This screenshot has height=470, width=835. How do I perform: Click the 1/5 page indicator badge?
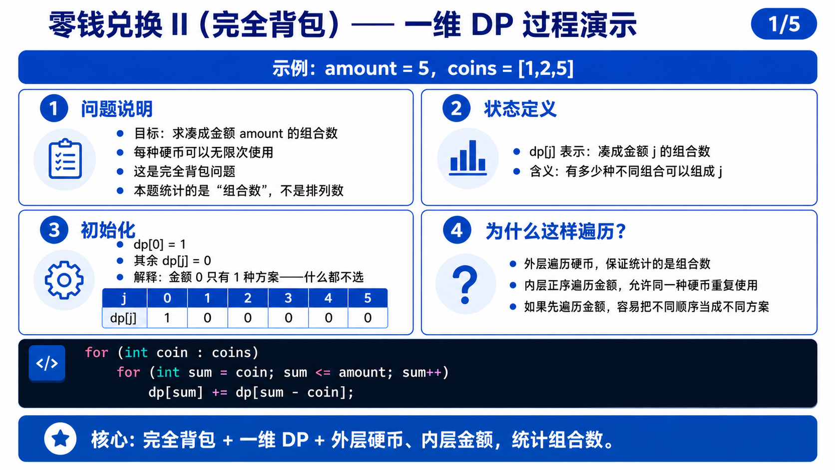click(784, 24)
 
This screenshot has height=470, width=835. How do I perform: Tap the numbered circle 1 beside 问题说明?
click(54, 108)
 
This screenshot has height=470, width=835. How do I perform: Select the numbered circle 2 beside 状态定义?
click(456, 108)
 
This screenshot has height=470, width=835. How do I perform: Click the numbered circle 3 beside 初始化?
click(54, 230)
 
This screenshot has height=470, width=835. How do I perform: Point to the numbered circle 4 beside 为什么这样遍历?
click(457, 230)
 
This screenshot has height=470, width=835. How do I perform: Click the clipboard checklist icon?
click(65, 159)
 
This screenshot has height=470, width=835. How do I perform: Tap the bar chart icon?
click(468, 158)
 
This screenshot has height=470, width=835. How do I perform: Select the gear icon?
click(64, 280)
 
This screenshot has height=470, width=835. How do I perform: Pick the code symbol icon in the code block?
click(47, 364)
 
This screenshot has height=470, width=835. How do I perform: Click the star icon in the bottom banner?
click(60, 439)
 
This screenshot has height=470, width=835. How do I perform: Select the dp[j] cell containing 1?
click(167, 318)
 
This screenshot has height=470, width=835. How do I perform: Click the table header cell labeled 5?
click(368, 298)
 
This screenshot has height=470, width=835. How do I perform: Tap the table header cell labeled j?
click(124, 298)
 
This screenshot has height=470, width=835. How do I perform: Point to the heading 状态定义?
click(520, 109)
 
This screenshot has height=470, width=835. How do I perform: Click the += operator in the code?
click(220, 393)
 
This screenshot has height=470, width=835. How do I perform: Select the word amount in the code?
click(362, 372)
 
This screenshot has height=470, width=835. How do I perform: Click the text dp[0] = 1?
click(159, 245)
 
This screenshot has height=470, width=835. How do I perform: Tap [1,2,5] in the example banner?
click(546, 68)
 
